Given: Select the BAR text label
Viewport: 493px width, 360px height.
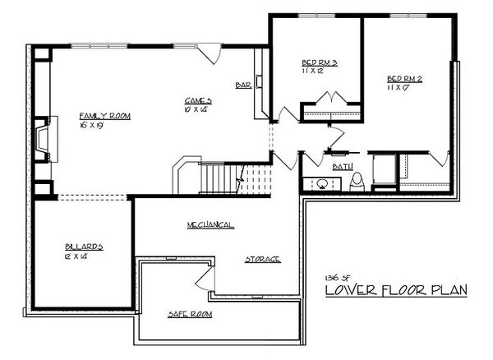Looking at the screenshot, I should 243,85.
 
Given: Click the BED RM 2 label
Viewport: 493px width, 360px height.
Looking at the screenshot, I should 404,80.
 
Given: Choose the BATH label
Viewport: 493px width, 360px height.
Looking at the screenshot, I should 343,167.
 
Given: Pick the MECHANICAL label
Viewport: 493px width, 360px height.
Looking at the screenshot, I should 209,224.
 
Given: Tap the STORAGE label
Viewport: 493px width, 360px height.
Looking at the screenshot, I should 263,259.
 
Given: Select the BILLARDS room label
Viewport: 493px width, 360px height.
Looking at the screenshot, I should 85,247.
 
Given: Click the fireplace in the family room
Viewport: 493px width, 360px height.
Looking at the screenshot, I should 42,140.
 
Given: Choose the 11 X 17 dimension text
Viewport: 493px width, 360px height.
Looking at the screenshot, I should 399,89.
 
